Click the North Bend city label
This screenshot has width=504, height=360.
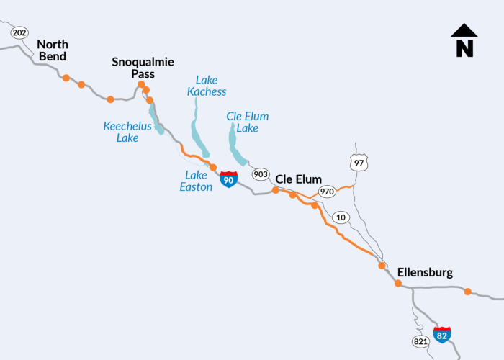(51, 50)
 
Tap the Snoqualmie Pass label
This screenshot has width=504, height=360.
(143, 68)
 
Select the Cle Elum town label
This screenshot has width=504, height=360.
(298, 179)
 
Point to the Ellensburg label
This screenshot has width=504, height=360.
(425, 273)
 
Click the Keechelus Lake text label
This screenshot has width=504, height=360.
(127, 132)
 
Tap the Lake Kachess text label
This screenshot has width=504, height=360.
(207, 86)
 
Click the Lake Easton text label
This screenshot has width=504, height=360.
(196, 181)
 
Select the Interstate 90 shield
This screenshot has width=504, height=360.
(228, 179)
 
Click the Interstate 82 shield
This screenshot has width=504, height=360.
(442, 334)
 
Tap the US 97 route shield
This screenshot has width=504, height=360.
(358, 163)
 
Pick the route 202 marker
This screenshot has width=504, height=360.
(19, 33)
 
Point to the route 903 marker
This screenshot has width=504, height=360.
(260, 174)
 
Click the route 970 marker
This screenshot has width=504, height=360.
(328, 192)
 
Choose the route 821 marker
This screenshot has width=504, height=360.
(421, 341)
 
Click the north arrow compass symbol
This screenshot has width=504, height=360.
(464, 40)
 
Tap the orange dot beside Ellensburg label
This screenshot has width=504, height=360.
(398, 283)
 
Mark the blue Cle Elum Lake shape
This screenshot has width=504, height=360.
(235, 144)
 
